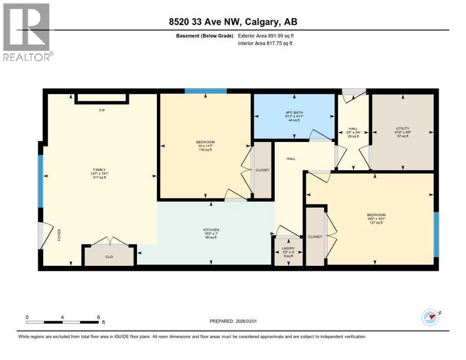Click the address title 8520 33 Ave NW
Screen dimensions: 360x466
[x=233, y=22]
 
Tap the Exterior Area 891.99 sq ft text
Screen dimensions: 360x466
[x=266, y=36]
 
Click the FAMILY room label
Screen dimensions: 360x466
[x=98, y=170]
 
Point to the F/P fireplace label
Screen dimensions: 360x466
[x=101, y=111]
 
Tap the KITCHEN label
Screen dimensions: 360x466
[x=211, y=230]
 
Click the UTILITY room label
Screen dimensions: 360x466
[x=403, y=128]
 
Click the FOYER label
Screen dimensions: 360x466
[x=59, y=235]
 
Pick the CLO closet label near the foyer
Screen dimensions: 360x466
[x=109, y=257]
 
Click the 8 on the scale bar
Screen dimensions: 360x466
[x=98, y=317]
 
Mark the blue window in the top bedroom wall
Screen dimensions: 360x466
[x=206, y=91]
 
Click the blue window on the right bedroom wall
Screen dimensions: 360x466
[x=436, y=234]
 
